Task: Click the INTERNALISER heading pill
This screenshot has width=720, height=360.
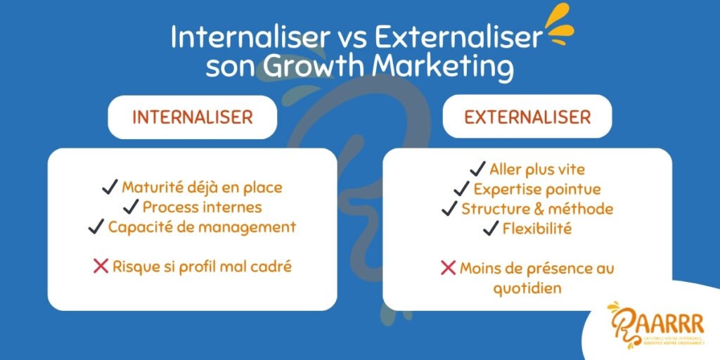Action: pyautogui.click(x=192, y=117)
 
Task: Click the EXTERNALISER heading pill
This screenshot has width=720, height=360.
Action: pyautogui.click(x=527, y=117)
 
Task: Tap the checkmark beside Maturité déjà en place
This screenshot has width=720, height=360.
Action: pyautogui.click(x=110, y=187)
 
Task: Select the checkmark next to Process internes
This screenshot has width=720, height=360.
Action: pyautogui.click(x=130, y=207)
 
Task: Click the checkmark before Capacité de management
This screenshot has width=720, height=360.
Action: pyautogui.click(x=96, y=227)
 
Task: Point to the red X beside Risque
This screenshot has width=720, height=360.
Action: pyautogui.click(x=101, y=266)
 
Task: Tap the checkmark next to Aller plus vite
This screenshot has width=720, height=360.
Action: pyautogui.click(x=477, y=169)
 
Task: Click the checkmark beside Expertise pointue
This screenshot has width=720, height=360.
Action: pyautogui.click(x=462, y=189)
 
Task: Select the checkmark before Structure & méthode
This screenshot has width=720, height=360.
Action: pyautogui.click(x=449, y=209)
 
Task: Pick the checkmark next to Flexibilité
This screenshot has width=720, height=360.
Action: pyautogui.click(x=490, y=229)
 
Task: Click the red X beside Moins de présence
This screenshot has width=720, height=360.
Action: pyautogui.click(x=448, y=268)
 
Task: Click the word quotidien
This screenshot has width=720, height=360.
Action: pyautogui.click(x=527, y=289)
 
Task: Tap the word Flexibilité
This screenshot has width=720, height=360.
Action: pyautogui.click(x=536, y=229)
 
